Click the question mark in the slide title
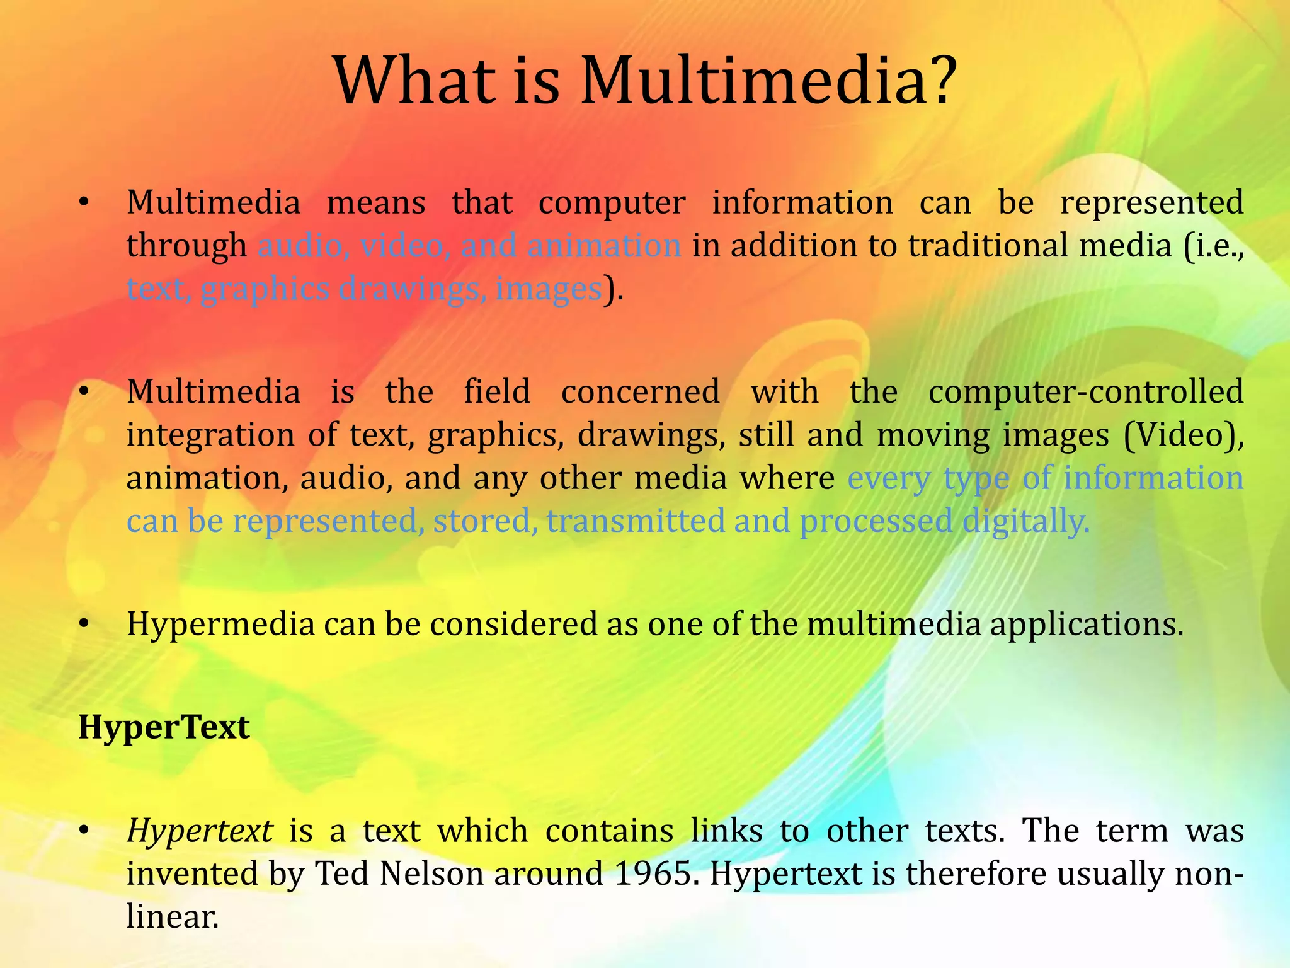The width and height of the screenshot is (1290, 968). pyautogui.click(x=937, y=81)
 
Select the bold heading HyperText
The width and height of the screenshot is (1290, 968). pyautogui.click(x=164, y=727)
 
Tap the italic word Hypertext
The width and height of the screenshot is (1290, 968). pyautogui.click(x=200, y=831)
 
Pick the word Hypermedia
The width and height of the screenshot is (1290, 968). pyautogui.click(x=220, y=625)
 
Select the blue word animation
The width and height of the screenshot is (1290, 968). pyautogui.click(x=604, y=245)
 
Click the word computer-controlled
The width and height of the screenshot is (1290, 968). pyautogui.click(x=1086, y=391)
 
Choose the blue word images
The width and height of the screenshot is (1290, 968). pyautogui.click(x=549, y=289)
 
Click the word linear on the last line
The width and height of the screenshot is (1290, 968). pyautogui.click(x=171, y=916)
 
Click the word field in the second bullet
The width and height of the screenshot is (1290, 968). pyautogui.click(x=497, y=391)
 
